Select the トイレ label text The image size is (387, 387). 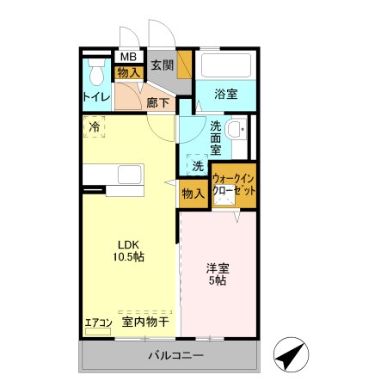[95, 97]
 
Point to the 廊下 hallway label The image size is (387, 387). [158, 102]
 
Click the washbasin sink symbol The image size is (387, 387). [240, 132]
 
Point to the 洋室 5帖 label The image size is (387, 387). [217, 273]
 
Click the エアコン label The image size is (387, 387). [98, 323]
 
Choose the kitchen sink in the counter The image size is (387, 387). [129, 175]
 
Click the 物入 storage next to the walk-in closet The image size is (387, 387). [193, 193]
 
